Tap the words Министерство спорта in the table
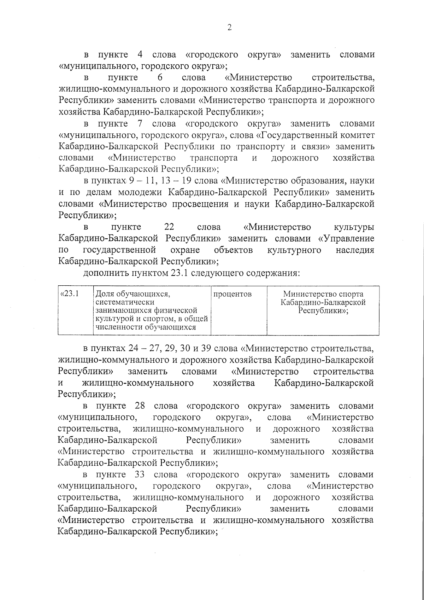pyautogui.click(x=323, y=294)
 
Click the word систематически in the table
pyautogui.click(x=125, y=302)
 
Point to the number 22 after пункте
pyautogui.click(x=169, y=227)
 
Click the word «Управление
pyautogui.click(x=346, y=238)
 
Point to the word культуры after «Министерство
pyautogui.click(x=354, y=227)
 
